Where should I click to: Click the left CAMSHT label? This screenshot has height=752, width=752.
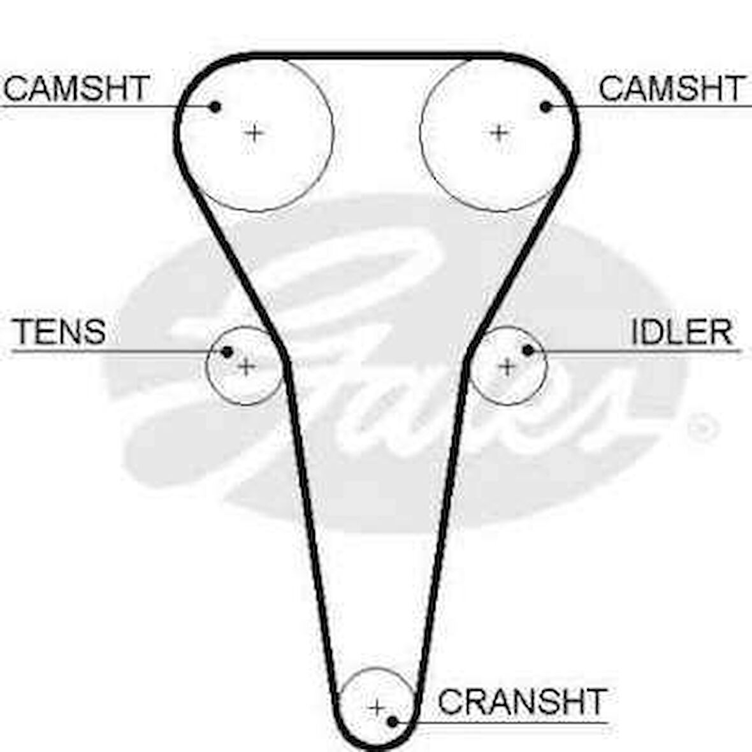click(76, 88)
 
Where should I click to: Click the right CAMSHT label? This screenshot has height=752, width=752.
click(672, 88)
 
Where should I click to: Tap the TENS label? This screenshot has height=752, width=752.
click(59, 331)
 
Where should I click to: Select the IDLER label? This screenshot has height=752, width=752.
click(681, 331)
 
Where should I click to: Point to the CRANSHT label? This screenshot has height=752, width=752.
click(522, 702)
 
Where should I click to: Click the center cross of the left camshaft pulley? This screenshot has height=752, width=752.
click(254, 133)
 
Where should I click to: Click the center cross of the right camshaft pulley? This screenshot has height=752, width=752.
click(499, 133)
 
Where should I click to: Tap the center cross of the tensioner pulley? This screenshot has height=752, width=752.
click(247, 366)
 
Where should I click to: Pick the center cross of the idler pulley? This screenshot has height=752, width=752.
click(507, 366)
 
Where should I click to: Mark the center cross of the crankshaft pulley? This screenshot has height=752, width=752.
click(377, 707)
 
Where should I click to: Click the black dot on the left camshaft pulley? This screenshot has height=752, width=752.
click(215, 106)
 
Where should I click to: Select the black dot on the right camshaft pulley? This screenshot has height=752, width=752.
click(546, 106)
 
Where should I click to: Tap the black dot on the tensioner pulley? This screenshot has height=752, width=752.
click(227, 351)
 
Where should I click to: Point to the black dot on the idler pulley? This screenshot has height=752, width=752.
click(528, 350)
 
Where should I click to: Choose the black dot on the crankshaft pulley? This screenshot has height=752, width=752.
click(393, 721)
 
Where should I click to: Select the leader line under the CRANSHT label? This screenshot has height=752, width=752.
click(510, 723)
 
